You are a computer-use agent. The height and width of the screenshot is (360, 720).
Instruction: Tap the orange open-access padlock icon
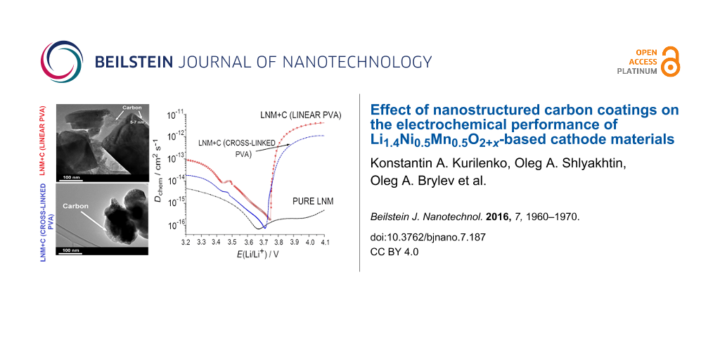pos(670,61)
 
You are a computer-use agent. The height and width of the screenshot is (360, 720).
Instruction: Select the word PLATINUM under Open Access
pos(637,71)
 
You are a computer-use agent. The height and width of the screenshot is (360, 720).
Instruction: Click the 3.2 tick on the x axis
pos(186,242)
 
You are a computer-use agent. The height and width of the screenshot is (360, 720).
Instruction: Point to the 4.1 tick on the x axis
pos(324,242)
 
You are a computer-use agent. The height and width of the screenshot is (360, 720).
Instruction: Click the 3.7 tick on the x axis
pos(263,242)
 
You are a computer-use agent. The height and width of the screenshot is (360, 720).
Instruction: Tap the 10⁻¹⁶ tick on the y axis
pos(176,226)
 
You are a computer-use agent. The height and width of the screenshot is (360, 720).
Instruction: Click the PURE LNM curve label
pos(313,201)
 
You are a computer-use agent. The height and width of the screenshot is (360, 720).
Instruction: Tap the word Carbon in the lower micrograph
pos(76,207)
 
